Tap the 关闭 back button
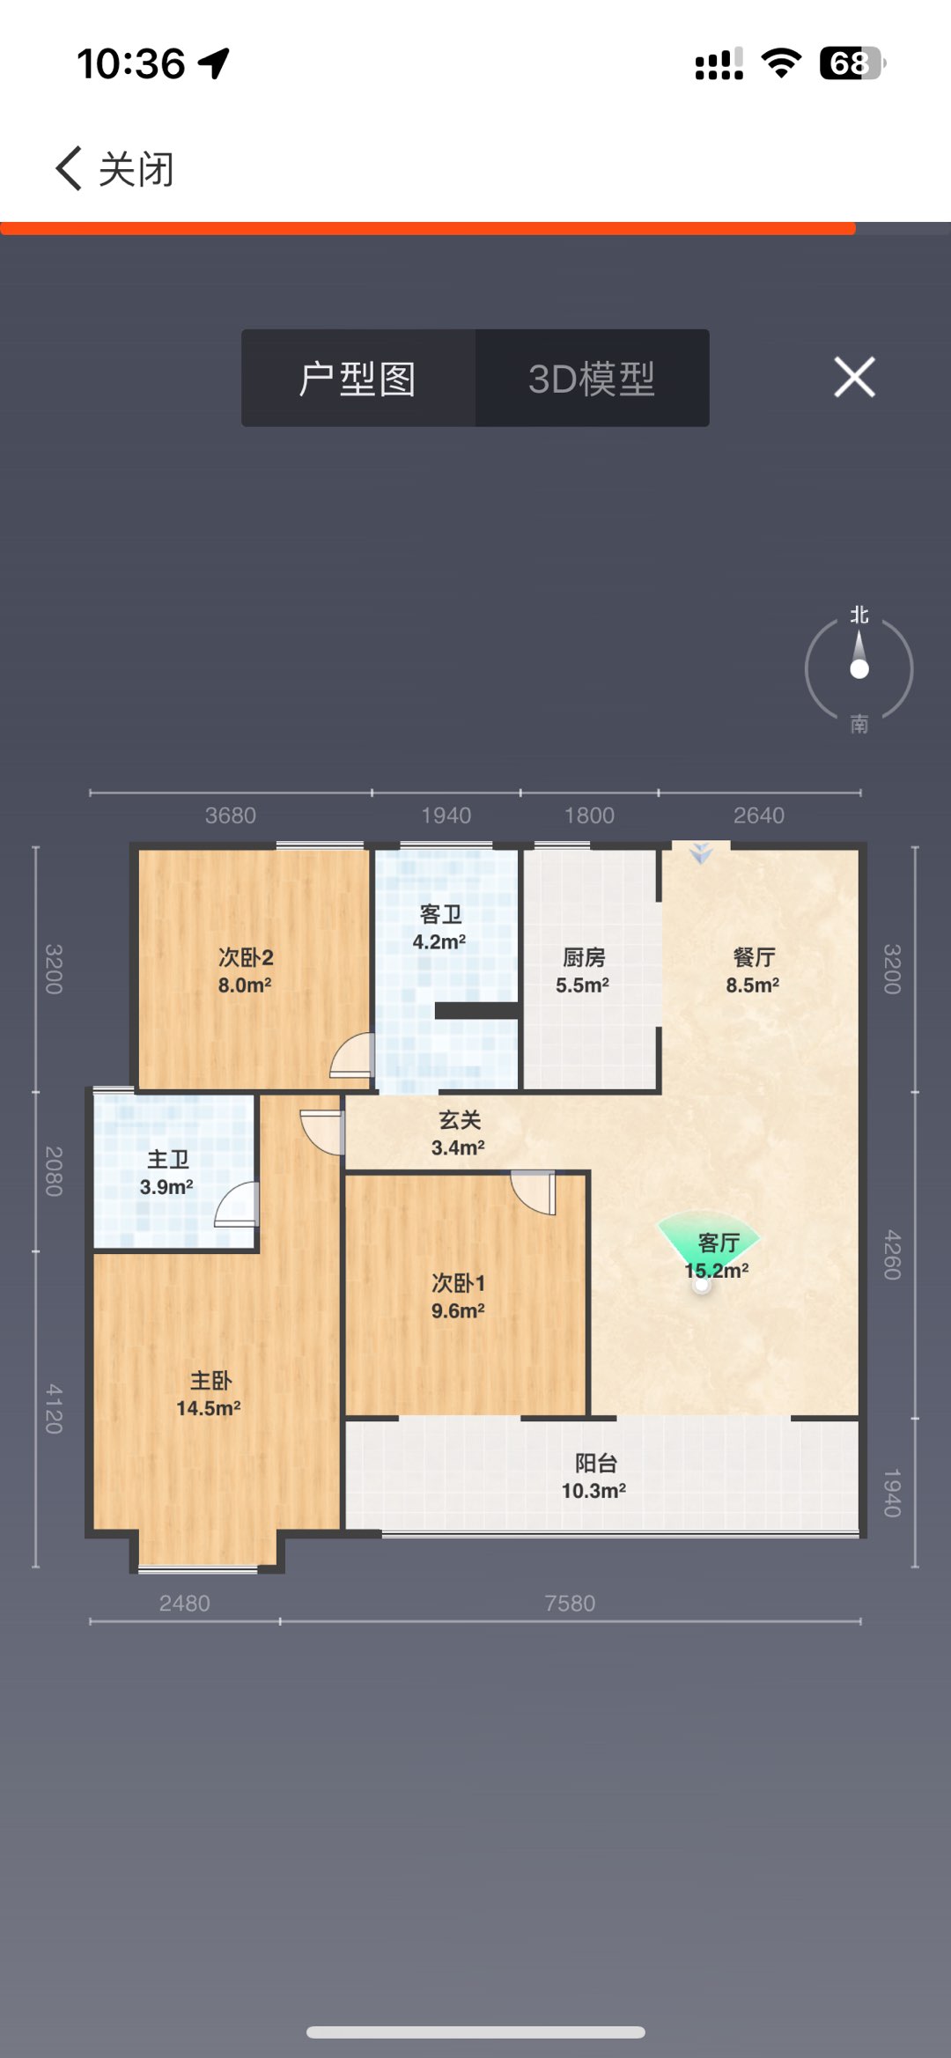114,168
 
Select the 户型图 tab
358,379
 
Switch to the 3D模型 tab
592,379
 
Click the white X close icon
854,377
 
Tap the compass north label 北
859,615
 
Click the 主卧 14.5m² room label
210,1394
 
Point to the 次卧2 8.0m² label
246,970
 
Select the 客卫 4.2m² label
440,927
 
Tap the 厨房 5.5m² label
583,970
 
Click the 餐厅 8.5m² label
753,970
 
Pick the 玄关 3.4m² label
459,1133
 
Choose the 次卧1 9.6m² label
459,1296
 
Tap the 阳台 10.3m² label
594,1477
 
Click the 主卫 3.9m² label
167,1173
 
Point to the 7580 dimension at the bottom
570,1603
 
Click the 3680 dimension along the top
231,815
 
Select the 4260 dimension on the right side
892,1254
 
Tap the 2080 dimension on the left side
54,1171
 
